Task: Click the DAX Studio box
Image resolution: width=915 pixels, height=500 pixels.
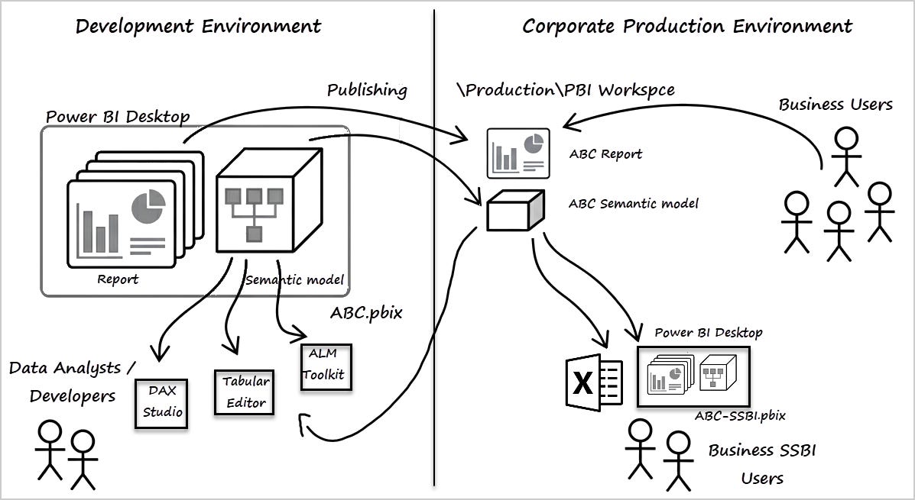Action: [x=161, y=404]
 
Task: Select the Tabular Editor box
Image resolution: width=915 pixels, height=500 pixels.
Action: [x=244, y=392]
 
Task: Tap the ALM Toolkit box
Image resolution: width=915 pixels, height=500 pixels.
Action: [x=326, y=367]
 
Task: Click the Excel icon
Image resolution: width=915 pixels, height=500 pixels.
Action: [x=594, y=382]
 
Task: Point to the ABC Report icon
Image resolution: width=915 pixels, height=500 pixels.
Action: [x=518, y=153]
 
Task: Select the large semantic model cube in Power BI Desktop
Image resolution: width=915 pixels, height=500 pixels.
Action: [x=269, y=201]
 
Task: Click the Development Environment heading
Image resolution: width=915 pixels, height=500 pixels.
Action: [x=199, y=26]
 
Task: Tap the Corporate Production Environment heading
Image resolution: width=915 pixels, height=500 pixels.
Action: [x=687, y=26]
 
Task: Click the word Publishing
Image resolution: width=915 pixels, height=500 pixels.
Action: [x=367, y=90]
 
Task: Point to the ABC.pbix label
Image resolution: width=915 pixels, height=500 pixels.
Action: [x=366, y=312]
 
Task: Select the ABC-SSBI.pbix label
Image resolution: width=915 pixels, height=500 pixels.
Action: [x=739, y=416]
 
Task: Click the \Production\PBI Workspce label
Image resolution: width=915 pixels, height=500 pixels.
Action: [x=566, y=90]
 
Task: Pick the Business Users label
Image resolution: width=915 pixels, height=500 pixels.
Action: [x=835, y=105]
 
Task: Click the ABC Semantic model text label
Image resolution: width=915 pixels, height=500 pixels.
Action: [x=633, y=204]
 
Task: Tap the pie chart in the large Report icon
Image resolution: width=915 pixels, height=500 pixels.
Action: [x=148, y=207]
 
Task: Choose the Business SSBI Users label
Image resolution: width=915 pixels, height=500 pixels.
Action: [x=762, y=464]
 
